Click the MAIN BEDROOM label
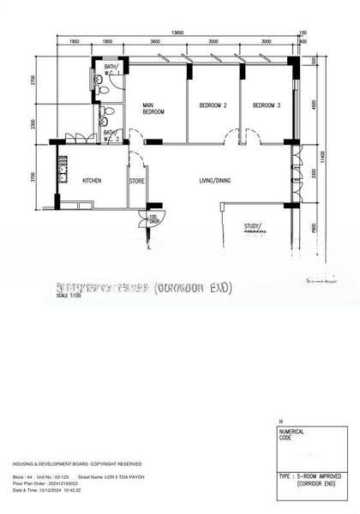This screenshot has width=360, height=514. pos(153,109)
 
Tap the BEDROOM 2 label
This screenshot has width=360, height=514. pos(213,105)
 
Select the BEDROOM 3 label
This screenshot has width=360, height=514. pos(266,105)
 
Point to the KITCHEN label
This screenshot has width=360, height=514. pos(93,181)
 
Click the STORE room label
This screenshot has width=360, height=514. pos(137,181)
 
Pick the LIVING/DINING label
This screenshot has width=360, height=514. pos(214,180)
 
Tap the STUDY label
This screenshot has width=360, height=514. pos(252,227)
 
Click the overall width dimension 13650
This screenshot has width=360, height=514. pos(177,33)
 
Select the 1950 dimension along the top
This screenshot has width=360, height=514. pos(75,41)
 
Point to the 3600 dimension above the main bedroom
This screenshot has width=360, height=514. pos(154,41)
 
